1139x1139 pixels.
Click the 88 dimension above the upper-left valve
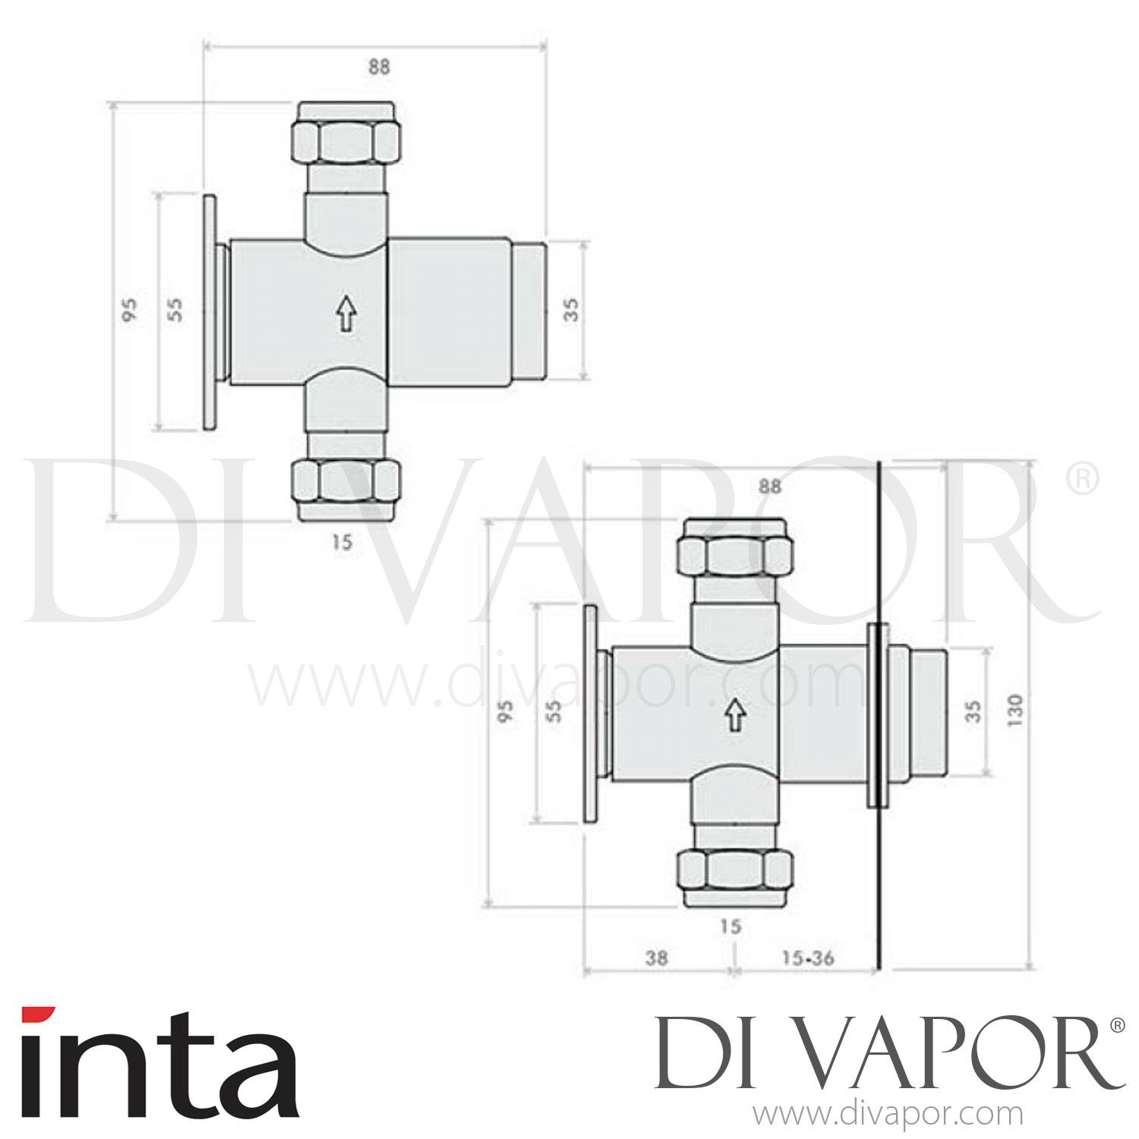pos(379,67)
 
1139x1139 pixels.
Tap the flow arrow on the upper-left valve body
pos(346,314)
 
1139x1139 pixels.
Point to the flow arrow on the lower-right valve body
pos(734,715)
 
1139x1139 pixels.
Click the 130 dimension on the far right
pos(1015,709)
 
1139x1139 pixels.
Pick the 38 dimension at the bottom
pos(656,958)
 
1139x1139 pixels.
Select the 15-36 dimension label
pos(807,958)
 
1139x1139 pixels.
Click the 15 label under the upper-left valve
pos(342,542)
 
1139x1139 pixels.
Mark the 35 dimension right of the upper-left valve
pos(571,309)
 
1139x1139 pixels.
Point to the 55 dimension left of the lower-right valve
pos(556,711)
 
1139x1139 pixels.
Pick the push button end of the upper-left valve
pos(529,311)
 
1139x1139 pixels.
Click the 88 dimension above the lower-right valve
pos(769,486)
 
